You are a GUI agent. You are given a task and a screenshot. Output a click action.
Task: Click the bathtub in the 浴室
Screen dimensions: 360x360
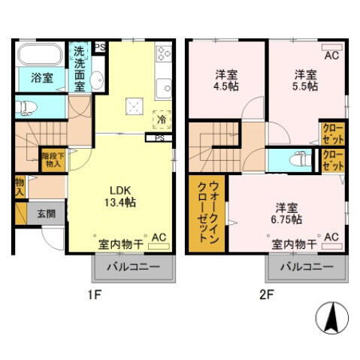point(41,56)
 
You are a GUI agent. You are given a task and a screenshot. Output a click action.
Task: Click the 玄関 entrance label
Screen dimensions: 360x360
point(46,213)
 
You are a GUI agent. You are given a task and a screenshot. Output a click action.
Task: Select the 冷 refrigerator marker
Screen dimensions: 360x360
point(161,118)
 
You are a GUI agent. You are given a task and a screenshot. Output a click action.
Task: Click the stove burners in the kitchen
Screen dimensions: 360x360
point(163,53)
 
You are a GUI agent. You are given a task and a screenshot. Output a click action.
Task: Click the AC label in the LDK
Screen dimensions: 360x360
point(159,238)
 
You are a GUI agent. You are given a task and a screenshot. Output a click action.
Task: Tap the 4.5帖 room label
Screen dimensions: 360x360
point(223,80)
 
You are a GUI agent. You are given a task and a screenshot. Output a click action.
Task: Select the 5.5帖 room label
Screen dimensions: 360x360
point(304,80)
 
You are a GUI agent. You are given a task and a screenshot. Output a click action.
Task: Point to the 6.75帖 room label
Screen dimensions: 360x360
point(286,213)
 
